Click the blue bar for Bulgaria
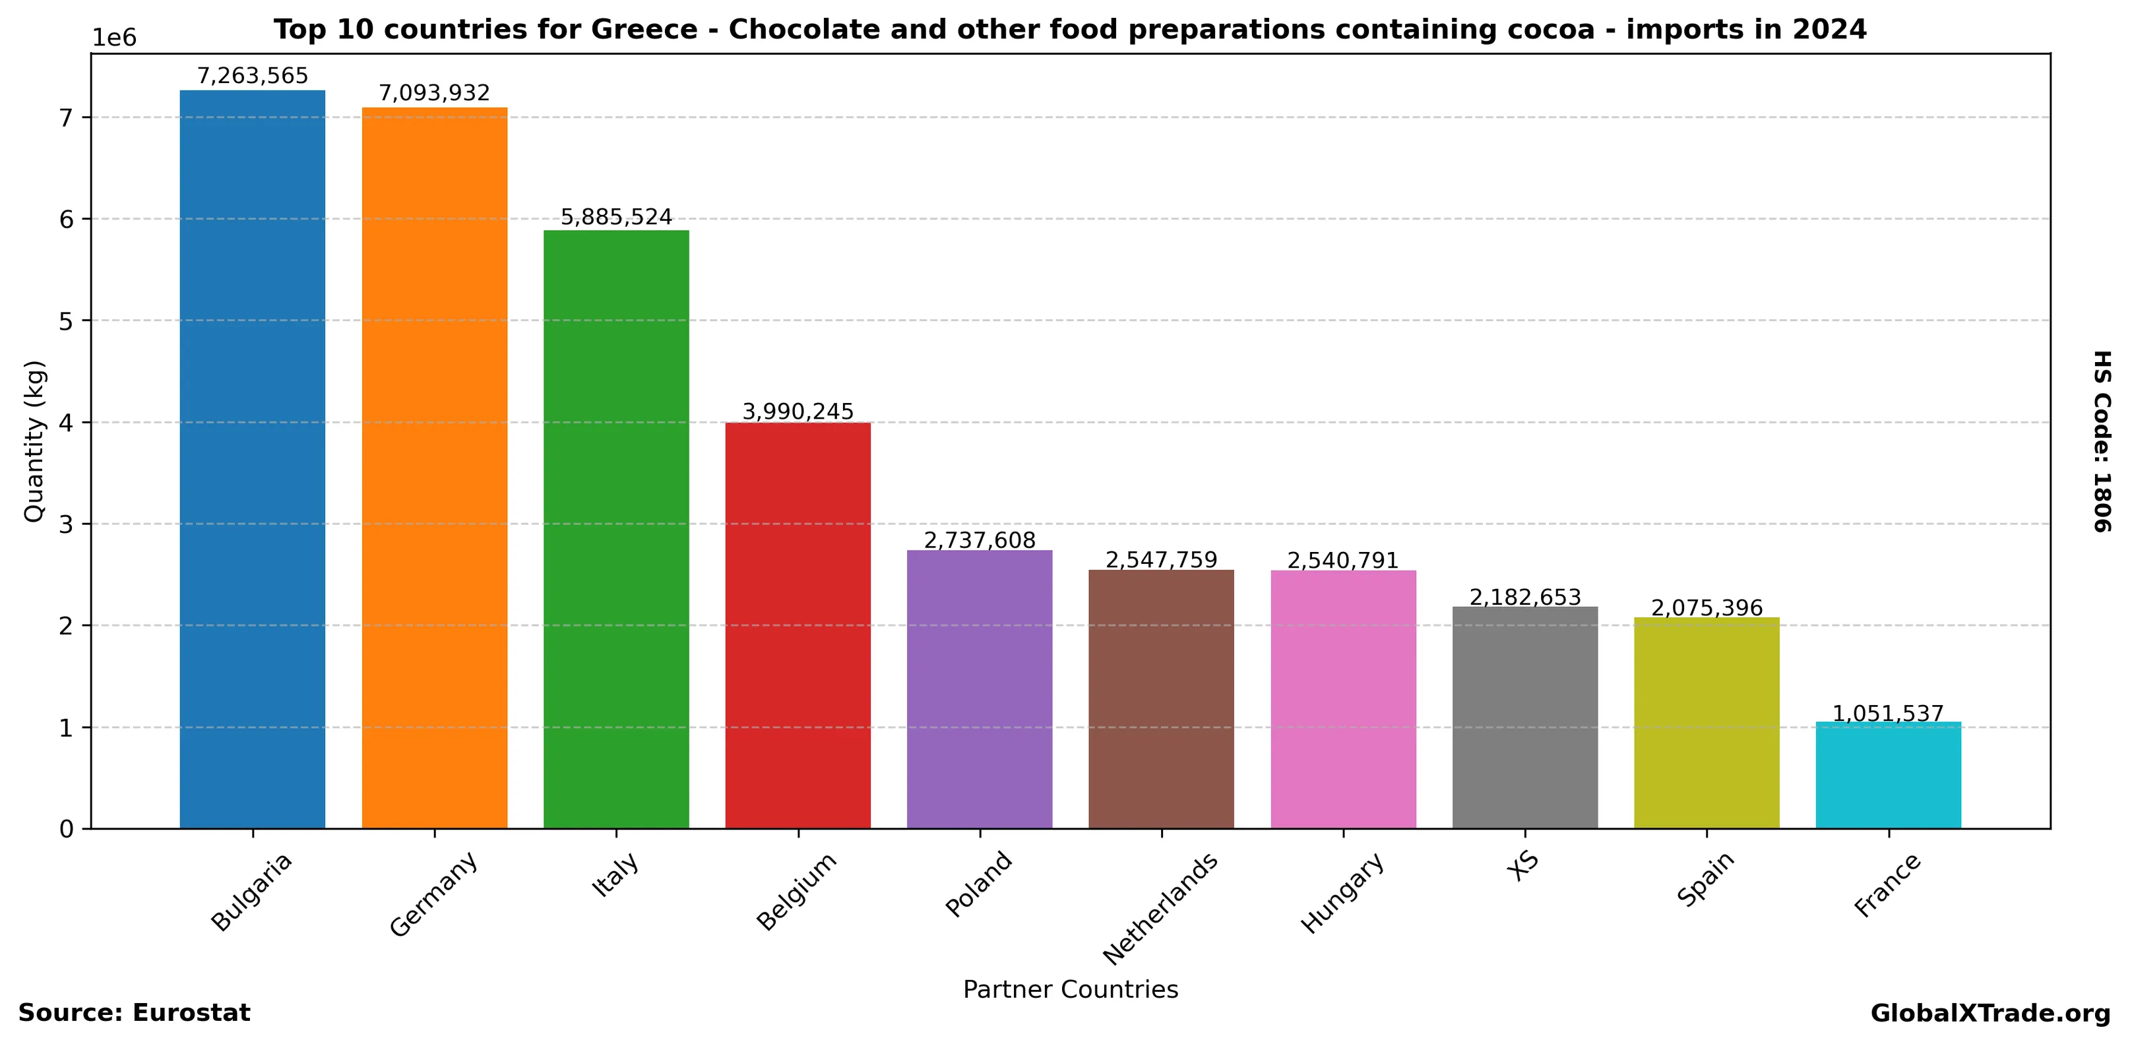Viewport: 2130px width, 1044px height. [252, 459]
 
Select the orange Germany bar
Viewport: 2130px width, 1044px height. [434, 467]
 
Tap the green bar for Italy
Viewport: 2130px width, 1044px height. [616, 529]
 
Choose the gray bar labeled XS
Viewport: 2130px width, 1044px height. [1524, 717]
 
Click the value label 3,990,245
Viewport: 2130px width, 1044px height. [798, 412]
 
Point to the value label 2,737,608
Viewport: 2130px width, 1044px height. [980, 541]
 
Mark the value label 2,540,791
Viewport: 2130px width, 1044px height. [1343, 561]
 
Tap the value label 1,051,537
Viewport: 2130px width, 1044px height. [1888, 714]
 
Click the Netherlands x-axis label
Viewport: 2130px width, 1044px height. [1161, 907]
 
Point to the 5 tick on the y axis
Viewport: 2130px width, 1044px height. [66, 321]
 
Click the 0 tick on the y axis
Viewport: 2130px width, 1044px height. [66, 829]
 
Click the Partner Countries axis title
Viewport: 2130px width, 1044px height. [1070, 989]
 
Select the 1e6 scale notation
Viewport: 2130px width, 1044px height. [114, 38]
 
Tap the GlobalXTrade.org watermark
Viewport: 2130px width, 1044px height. [1990, 1014]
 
